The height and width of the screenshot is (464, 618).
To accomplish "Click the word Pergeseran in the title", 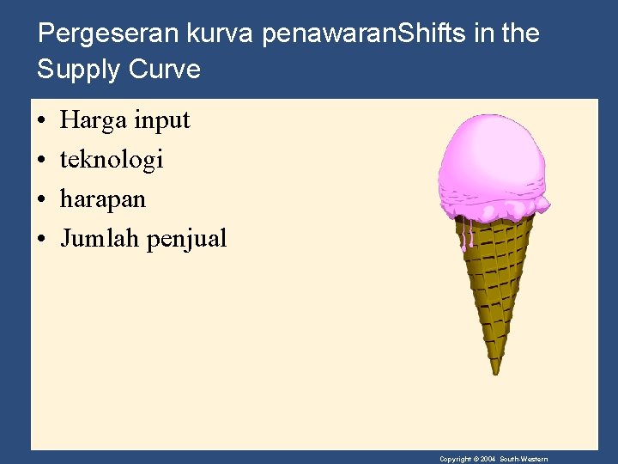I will pos(109,34).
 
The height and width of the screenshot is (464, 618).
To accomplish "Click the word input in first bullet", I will pos(161,120).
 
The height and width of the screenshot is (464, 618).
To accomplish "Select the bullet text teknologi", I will pos(112,160).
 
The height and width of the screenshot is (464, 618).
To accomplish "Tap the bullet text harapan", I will pos(103,199).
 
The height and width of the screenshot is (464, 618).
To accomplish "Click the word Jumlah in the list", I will pos(100,238).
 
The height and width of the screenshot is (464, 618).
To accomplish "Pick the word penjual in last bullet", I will pos(186,239).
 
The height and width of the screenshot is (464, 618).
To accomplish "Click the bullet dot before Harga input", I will pos(41,121).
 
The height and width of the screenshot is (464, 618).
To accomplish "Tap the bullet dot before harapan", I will pos(41,199).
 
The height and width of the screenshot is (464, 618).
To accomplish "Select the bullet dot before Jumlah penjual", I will pos(41,239).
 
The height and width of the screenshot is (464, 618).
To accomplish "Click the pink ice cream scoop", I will pos(491,168).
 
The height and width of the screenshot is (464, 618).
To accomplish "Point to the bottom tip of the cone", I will pos(495,370).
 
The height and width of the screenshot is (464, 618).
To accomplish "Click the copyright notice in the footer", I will pos(494,459).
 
